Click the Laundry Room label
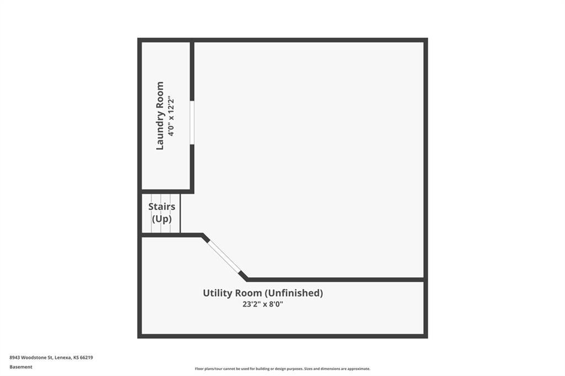[159, 116]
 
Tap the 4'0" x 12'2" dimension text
[171, 117]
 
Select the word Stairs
[162, 207]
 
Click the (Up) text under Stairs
[162, 219]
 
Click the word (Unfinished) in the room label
[294, 293]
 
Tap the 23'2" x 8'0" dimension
[263, 304]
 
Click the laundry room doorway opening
[192, 122]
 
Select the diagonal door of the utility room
[225, 256]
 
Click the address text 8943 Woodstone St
[31, 358]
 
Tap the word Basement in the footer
[21, 367]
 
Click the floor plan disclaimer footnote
[282, 369]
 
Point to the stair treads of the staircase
[161, 213]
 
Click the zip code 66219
[87, 358]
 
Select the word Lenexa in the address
[63, 358]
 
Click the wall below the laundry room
[166, 192]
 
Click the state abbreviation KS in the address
[76, 358]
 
